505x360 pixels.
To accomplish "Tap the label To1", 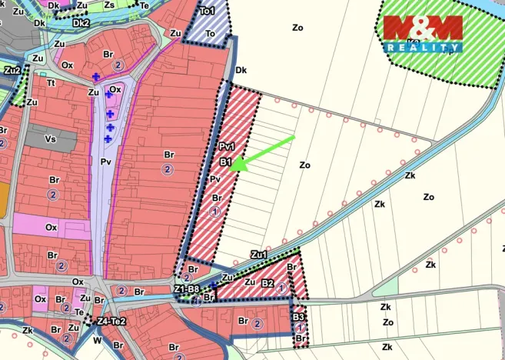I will coord(207,12).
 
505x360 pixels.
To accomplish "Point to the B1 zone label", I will coord(225,162).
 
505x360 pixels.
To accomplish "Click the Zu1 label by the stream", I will coord(258,255).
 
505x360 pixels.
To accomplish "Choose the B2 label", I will coord(267,283).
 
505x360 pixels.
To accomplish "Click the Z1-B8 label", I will coord(187,289).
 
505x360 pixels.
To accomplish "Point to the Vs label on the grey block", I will coord(51,139).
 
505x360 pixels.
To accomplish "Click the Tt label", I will coord(51,83).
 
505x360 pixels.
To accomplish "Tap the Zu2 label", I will coord(12,70).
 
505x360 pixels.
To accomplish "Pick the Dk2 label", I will coord(81,23).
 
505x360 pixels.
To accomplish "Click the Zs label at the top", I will coord(109,5).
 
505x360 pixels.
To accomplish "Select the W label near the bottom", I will coord(97,339).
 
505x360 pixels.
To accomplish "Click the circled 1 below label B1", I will coord(216,211).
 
